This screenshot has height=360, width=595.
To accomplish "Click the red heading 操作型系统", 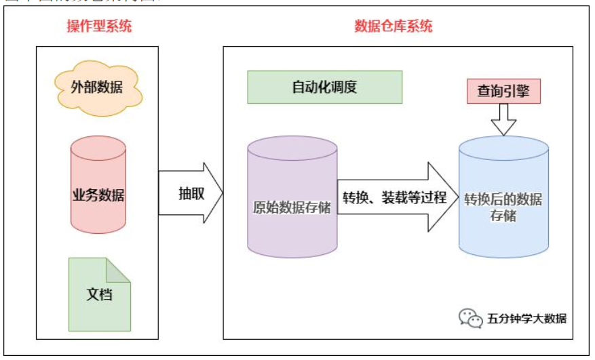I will point(99,26).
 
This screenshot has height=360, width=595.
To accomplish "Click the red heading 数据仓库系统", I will point(394,26).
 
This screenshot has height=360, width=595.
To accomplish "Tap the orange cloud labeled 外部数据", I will point(98,87).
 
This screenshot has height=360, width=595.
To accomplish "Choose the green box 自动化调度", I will point(324,88).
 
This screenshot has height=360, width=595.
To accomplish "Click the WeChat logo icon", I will point(469,317).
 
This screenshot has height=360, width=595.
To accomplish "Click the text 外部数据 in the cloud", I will point(98,87).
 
